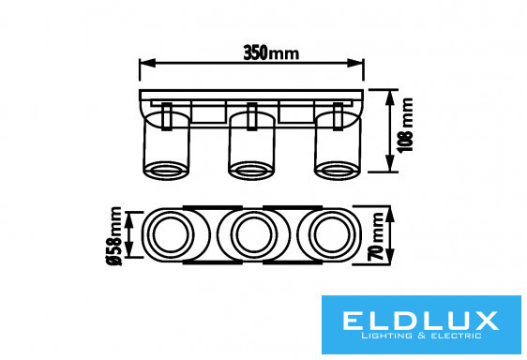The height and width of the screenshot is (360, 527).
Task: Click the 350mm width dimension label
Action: tap(271, 53)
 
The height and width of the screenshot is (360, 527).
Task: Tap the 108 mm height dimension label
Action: tap(406, 125)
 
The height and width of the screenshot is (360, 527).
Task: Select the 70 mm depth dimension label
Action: tap(376, 236)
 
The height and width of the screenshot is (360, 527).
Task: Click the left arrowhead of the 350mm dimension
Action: tap(147, 63)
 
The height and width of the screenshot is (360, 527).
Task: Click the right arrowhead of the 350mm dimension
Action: tap(355, 63)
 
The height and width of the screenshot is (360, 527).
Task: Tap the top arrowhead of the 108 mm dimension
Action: tap(389, 97)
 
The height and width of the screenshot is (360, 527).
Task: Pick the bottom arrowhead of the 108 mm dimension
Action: tap(389, 164)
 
